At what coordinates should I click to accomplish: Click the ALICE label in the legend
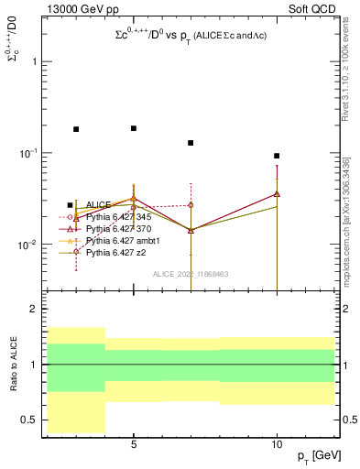99,205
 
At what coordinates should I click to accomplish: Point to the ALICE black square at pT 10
277,156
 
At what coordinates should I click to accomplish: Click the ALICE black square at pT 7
191,143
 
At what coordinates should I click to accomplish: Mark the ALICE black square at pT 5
134,128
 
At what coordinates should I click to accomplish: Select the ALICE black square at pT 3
76,129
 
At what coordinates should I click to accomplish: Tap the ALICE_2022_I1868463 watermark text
191,273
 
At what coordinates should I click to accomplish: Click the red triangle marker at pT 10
277,193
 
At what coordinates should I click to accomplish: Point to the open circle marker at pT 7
191,205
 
